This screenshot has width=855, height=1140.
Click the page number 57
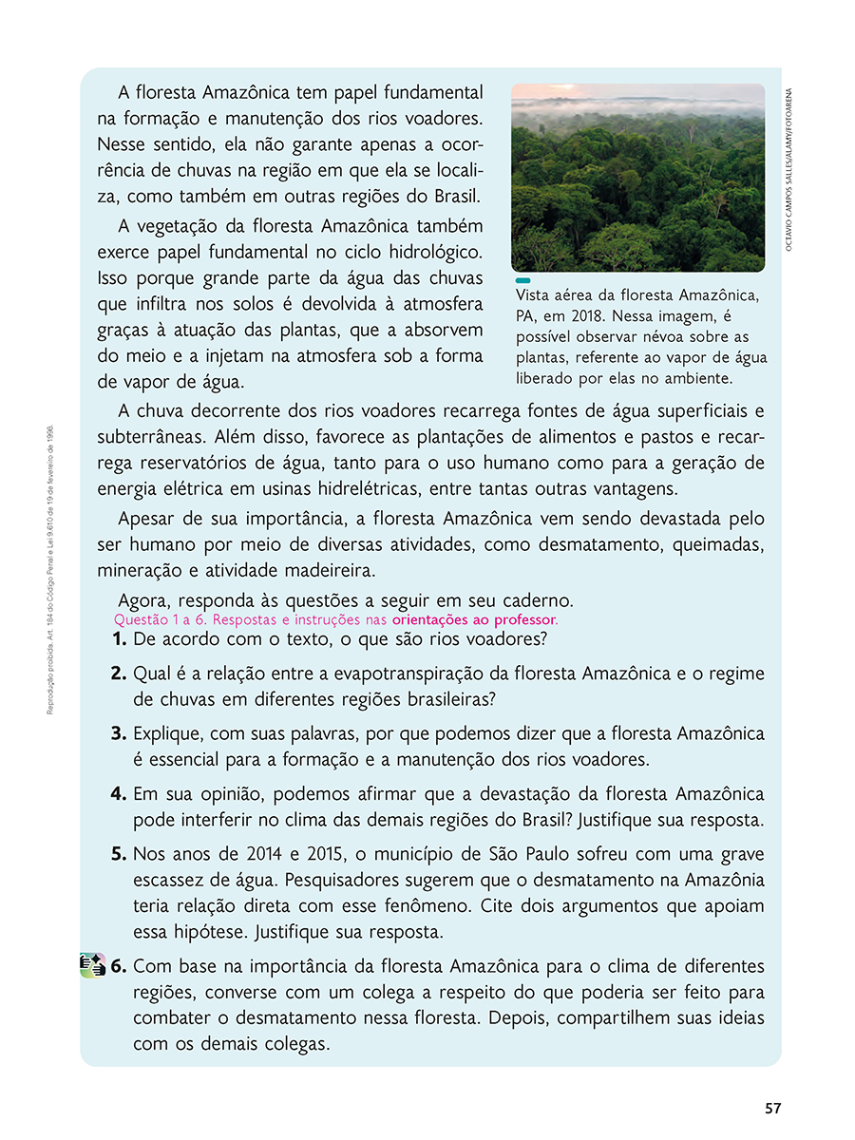pos(772,1108)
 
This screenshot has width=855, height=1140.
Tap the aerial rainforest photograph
pos(637,178)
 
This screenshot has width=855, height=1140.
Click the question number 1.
pos(120,639)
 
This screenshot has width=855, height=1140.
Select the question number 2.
pos(120,674)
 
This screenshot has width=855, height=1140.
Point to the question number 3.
pos(120,734)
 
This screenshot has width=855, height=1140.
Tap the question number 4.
pos(120,793)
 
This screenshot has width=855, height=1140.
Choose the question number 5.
pos(120,854)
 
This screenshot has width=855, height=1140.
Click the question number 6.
pos(120,967)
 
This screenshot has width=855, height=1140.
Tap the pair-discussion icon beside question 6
pos(92,966)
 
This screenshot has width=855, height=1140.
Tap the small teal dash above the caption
pos(522,281)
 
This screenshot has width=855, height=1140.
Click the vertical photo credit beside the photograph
pos(789,169)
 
